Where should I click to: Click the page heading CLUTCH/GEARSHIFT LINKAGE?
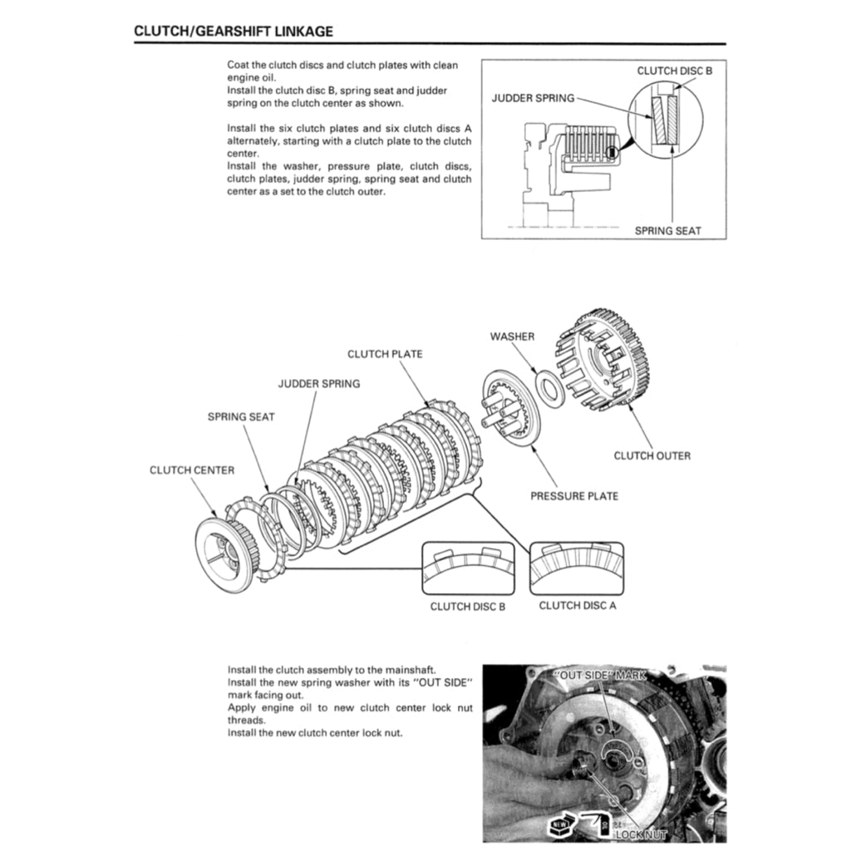click(x=234, y=32)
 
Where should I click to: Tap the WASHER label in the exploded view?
click(x=512, y=337)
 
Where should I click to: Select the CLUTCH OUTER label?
click(x=652, y=455)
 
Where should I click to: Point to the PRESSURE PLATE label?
click(x=574, y=496)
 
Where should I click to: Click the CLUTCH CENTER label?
click(x=192, y=470)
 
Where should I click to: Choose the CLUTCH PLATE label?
click(x=385, y=354)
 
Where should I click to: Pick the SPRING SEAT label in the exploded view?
click(x=241, y=416)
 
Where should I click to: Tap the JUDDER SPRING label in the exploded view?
click(x=318, y=384)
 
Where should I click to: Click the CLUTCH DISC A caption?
click(x=578, y=605)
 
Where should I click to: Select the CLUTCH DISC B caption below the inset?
click(x=467, y=606)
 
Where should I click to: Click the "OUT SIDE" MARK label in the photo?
click(x=599, y=675)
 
